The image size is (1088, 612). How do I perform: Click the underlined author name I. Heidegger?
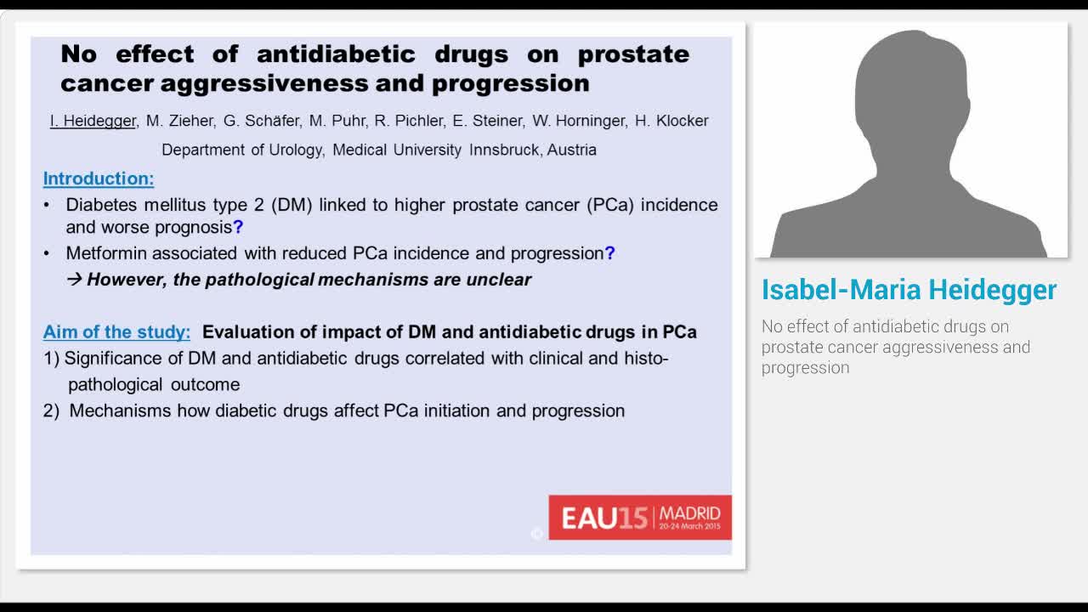(x=93, y=121)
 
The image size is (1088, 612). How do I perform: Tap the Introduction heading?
(x=99, y=178)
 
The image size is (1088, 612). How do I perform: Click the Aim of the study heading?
(x=117, y=331)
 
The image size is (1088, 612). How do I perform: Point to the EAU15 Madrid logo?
(x=639, y=517)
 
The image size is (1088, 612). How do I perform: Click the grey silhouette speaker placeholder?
(x=910, y=144)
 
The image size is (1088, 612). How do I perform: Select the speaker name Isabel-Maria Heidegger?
(x=909, y=290)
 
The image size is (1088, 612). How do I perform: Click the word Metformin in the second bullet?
(x=103, y=253)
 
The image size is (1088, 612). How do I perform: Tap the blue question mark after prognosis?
(x=238, y=228)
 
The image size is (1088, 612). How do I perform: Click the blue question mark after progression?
(x=609, y=253)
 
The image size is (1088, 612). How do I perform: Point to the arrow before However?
(x=74, y=280)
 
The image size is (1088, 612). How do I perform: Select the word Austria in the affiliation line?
(x=572, y=150)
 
